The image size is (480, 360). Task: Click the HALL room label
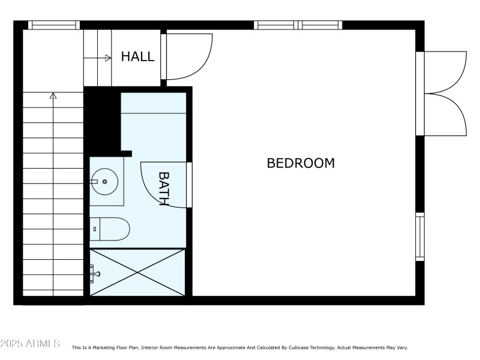137,57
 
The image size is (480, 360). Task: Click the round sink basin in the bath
105,181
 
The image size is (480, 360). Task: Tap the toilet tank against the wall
94,229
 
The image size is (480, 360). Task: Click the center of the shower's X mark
137,272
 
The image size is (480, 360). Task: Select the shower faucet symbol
95,274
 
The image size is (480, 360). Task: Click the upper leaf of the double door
447,72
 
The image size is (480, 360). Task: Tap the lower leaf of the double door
447,114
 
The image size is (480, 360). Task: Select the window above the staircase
54,25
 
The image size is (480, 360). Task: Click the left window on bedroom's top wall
276,25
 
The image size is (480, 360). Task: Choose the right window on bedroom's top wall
320,25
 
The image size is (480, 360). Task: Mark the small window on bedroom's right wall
420,237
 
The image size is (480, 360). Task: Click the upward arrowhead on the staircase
53,95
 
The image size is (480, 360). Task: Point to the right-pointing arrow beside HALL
107,58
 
